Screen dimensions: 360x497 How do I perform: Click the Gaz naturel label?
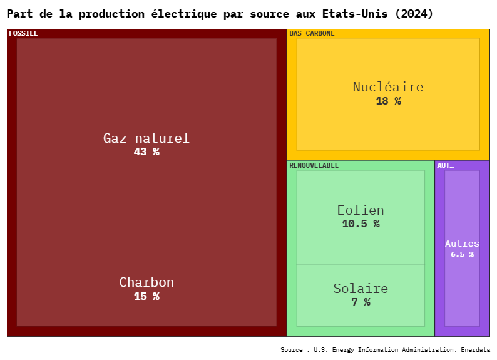coord(146,138)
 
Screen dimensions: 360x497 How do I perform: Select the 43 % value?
coord(146,152)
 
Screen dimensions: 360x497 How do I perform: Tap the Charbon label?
coord(146,282)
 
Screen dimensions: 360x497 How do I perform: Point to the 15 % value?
coord(146,296)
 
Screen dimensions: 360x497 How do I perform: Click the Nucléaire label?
coord(388,87)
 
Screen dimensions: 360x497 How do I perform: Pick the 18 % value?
coord(388,101)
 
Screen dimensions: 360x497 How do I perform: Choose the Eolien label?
coord(361,210)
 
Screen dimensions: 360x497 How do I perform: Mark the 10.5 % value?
coord(361,224)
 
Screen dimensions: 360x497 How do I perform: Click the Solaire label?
coord(361,289)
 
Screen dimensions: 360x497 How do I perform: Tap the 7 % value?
coord(361,302)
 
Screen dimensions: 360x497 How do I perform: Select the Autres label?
coord(462,244)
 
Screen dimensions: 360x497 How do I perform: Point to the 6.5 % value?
coord(462,254)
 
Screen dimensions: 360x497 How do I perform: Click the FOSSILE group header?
coord(23,33)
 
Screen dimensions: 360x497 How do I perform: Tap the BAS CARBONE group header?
coord(312,33)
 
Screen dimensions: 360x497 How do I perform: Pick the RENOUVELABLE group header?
coord(314,165)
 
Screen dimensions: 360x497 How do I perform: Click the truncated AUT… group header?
coord(445,165)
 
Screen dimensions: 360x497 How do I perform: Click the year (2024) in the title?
coord(414,14)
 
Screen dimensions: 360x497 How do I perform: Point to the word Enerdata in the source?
coord(476,349)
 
